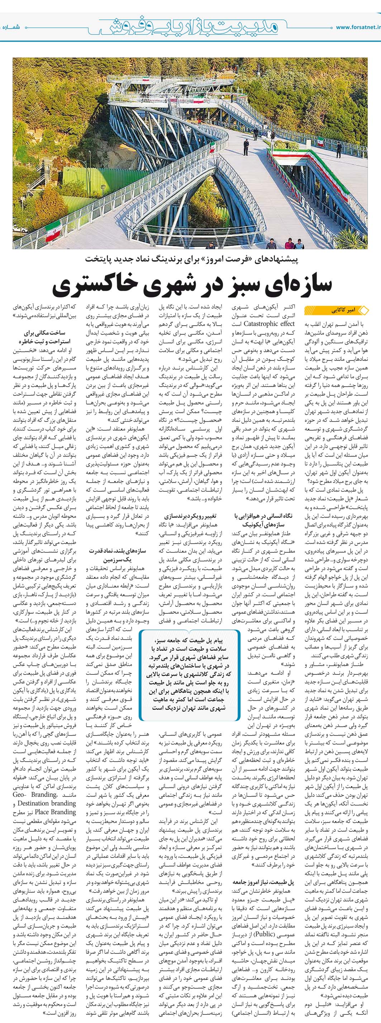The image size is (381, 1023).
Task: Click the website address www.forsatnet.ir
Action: pyautogui.click(x=358, y=27)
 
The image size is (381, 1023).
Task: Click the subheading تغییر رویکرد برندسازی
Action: pyautogui.click(x=190, y=516)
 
